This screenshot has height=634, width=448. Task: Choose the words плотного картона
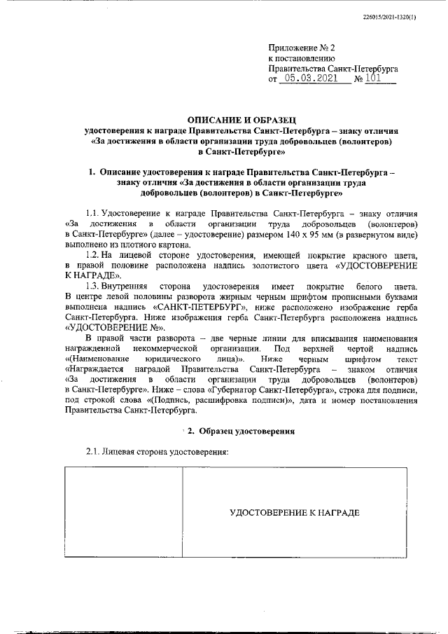(x=155, y=244)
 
